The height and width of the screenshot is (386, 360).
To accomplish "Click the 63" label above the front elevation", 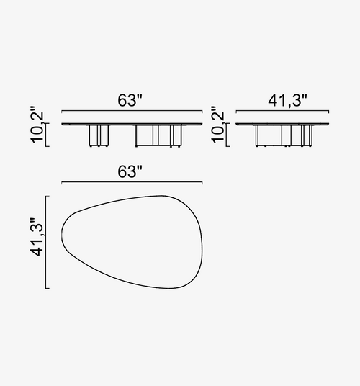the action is coord(130,100).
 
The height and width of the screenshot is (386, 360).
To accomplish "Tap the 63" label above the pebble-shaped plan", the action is coord(130,172).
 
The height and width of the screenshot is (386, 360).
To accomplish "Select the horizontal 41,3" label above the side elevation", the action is coord(288,101).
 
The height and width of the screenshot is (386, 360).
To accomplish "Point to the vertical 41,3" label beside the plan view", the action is coord(37,237).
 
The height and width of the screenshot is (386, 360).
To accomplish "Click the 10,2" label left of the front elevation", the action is coord(37,125).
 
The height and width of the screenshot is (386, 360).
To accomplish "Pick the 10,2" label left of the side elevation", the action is coord(217,125).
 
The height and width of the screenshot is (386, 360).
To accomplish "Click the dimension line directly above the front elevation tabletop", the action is coord(132,111).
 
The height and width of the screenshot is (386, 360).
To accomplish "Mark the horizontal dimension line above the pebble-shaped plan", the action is coord(132,182).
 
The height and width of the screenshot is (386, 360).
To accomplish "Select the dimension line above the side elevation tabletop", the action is coord(282,111).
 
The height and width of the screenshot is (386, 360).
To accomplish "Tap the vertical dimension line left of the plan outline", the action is coord(46,242).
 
